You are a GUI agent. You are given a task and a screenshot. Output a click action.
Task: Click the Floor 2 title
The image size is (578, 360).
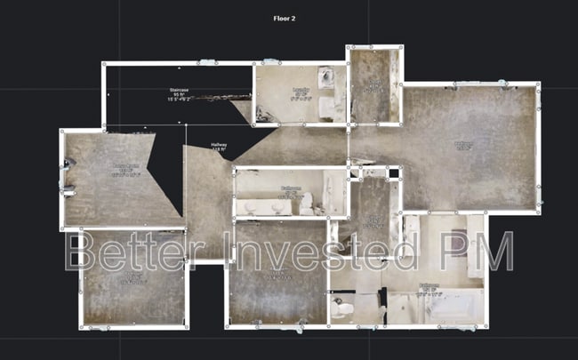pos(288,17)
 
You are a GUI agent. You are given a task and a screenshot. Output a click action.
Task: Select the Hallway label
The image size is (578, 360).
pos(219,145)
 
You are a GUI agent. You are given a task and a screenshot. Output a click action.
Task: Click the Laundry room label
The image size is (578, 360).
pos(301,89)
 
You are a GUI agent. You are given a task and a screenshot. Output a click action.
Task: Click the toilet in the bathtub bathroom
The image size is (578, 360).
pos(341,308)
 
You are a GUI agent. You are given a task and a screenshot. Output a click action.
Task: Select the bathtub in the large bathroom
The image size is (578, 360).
pos(454,308)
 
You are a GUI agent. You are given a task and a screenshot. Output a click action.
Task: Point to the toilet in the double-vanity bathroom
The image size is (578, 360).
pos(307,205)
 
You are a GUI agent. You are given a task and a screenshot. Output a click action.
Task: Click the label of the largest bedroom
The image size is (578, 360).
pos(463,145)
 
